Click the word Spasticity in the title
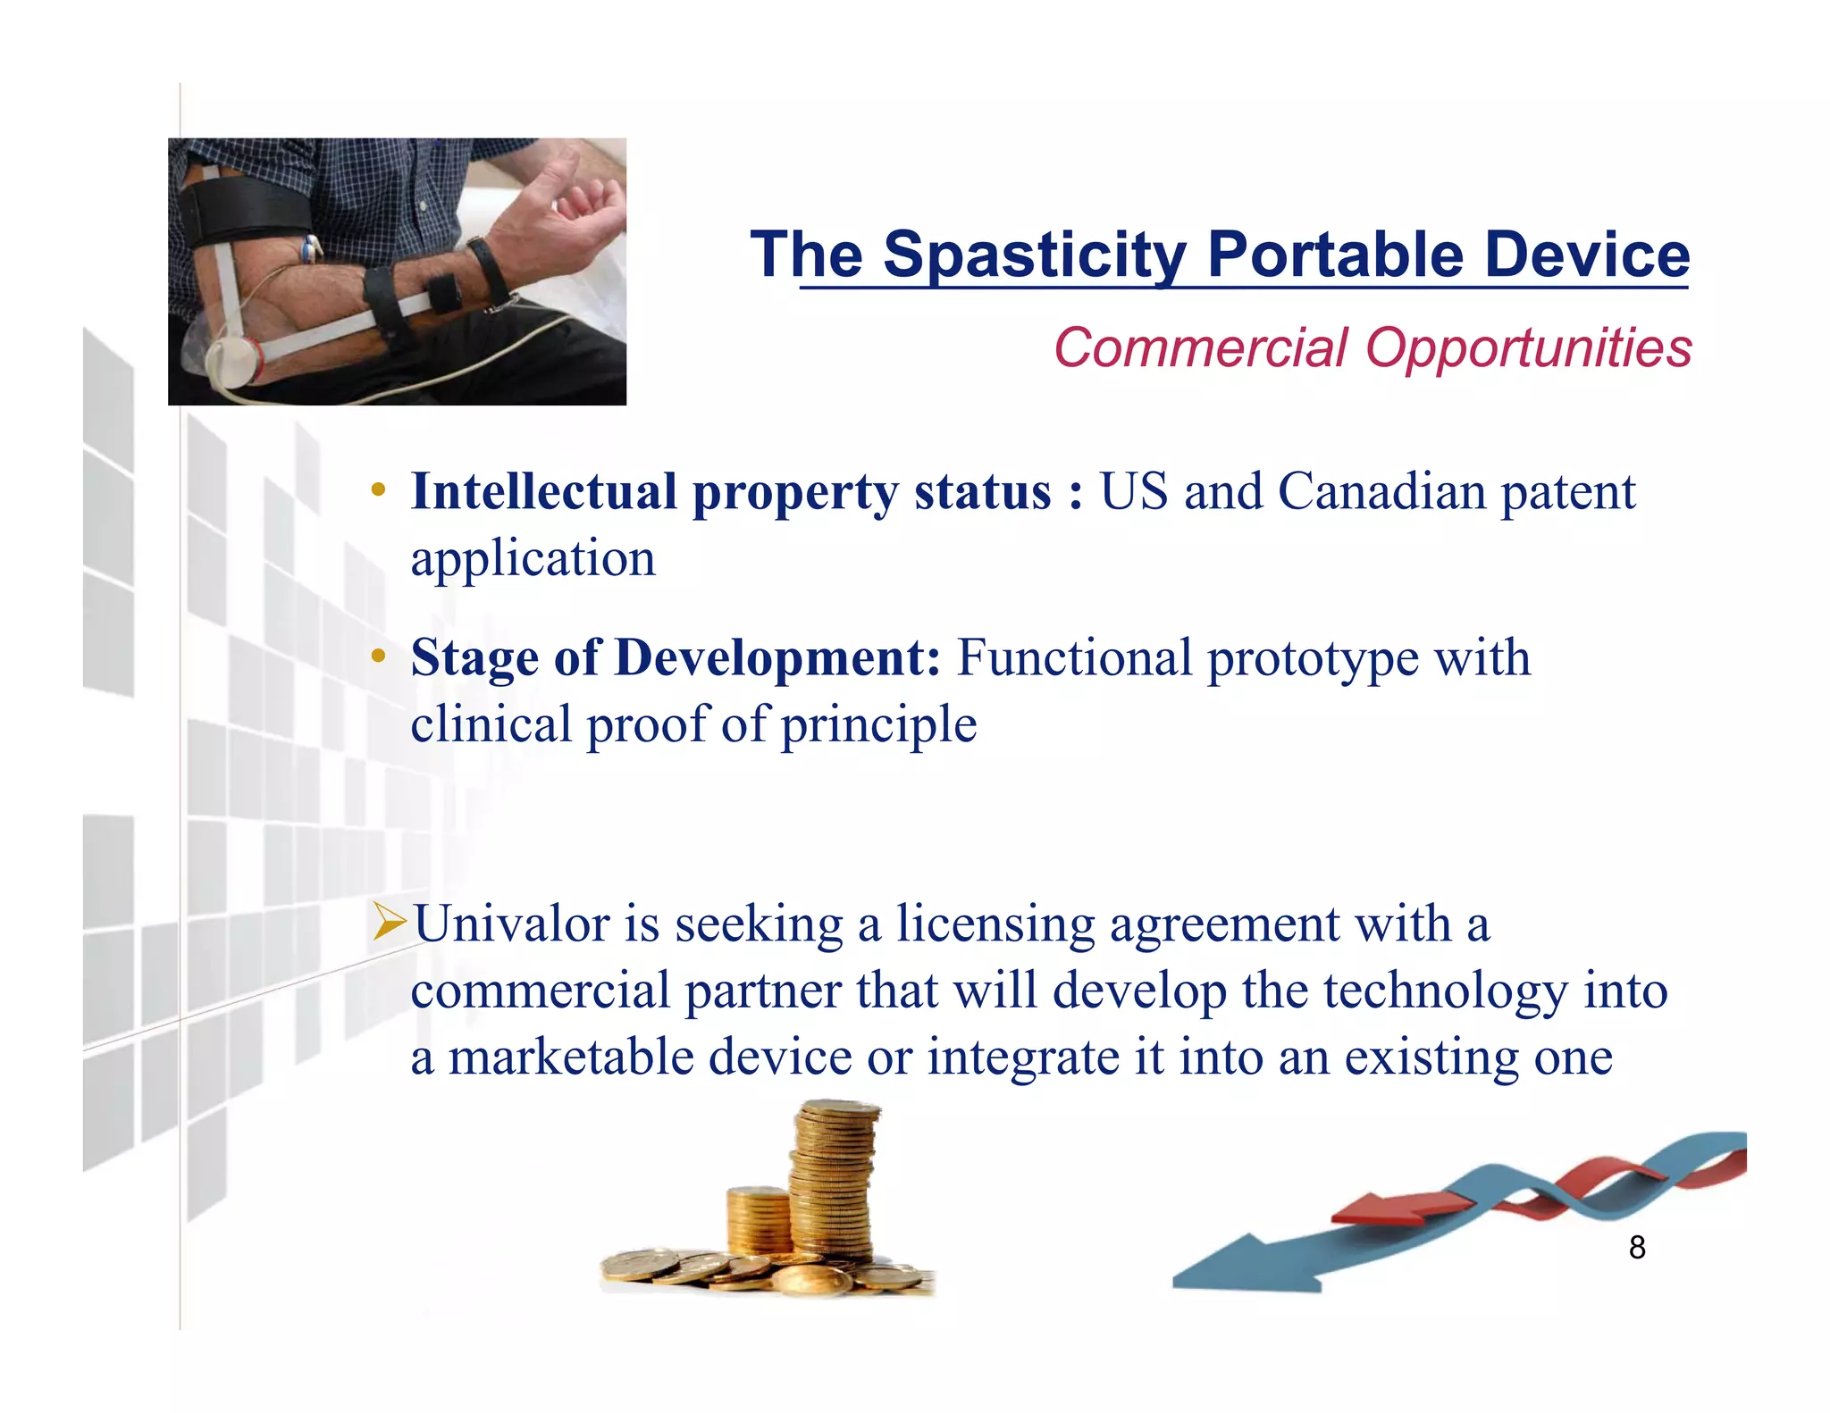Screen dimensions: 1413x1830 point(1035,255)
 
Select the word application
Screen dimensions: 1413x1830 point(533,560)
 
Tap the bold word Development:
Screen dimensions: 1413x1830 point(777,658)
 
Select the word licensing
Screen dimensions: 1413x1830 point(995,925)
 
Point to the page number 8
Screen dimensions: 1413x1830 point(1636,1248)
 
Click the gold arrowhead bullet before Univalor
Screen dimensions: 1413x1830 point(390,922)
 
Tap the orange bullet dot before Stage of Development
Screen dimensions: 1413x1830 point(379,656)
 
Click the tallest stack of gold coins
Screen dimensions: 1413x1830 point(833,1179)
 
